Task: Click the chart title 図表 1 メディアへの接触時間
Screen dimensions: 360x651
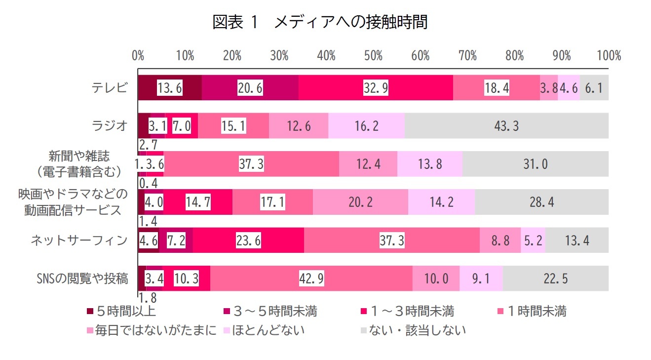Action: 320,22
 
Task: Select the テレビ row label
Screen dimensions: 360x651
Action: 110,88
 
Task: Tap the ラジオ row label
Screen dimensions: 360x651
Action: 110,126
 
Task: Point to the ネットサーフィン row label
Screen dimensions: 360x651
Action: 79,240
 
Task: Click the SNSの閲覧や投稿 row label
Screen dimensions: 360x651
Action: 82,279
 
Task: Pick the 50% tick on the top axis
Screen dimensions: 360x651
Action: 373,56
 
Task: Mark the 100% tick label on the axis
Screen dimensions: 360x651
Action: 608,56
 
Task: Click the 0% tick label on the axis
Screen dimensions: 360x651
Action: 138,56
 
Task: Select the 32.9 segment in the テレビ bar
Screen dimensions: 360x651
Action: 376,88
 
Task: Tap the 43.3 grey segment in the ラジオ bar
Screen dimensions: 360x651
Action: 506,126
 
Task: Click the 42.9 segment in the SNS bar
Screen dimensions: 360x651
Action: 311,279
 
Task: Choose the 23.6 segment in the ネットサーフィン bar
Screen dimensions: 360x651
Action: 248,240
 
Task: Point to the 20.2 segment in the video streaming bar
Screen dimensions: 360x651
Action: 360,202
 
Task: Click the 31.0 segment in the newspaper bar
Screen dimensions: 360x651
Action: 536,164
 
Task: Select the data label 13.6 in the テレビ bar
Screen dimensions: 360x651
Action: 170,88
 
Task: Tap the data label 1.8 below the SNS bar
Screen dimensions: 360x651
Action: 147,298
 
